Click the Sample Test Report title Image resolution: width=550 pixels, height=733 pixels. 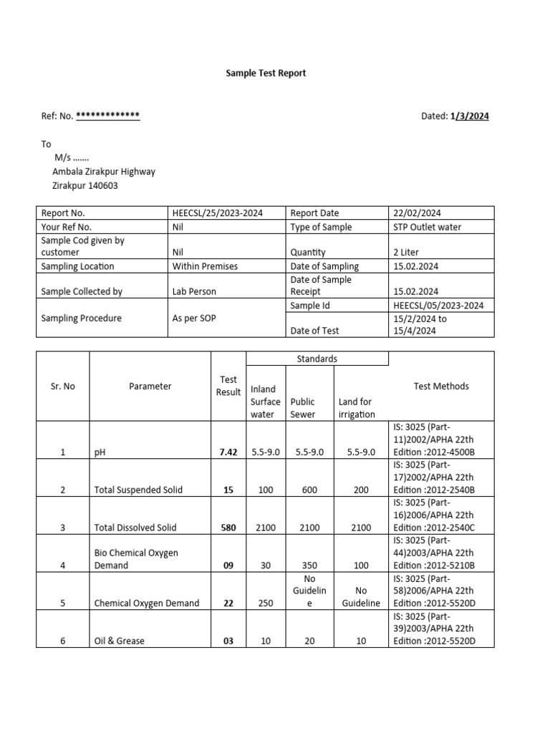tap(266, 73)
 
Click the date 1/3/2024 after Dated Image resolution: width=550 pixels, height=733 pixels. tap(470, 116)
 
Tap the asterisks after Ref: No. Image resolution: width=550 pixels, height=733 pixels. tap(107, 116)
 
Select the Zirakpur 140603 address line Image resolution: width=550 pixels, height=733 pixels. tap(85, 185)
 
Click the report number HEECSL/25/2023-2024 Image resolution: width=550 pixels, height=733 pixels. tap(217, 213)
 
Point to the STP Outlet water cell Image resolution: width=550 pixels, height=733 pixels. tap(427, 227)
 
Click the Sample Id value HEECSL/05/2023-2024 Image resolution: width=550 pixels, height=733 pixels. tap(438, 306)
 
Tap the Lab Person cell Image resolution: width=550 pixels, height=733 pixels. tap(194, 291)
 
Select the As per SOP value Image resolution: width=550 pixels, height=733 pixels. tap(193, 318)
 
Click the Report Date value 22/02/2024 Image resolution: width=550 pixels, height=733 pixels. tap(417, 213)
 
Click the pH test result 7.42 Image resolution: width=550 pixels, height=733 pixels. tap(228, 452)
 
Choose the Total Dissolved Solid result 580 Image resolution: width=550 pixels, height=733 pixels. tap(228, 528)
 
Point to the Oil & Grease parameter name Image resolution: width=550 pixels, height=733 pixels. tap(119, 641)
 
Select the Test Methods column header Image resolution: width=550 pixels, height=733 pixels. tap(441, 386)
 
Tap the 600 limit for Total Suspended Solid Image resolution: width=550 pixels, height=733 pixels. tap(309, 490)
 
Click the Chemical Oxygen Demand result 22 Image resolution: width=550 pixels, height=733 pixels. tap(228, 603)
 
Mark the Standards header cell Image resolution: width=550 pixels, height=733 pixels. tap(317, 359)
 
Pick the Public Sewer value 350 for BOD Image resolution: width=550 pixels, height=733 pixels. tap(309, 565)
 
